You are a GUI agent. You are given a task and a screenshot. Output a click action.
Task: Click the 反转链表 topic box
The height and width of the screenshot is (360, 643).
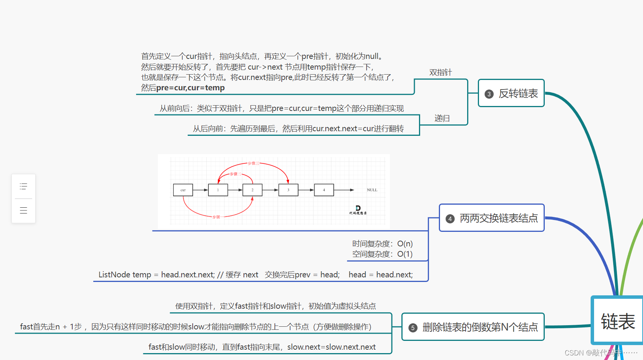(511, 93)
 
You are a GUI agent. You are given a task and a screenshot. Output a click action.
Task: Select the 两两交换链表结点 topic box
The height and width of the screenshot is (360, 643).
(492, 218)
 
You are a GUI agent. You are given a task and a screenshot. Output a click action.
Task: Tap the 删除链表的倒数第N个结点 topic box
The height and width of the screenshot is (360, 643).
(473, 327)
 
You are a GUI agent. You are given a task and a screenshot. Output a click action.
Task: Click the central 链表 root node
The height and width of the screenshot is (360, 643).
(617, 321)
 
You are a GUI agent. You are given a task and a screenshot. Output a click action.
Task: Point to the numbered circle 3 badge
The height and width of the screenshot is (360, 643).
(489, 94)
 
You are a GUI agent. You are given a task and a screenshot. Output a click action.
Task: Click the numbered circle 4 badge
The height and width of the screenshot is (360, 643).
(450, 219)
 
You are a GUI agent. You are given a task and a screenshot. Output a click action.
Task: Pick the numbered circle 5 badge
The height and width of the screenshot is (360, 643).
(412, 328)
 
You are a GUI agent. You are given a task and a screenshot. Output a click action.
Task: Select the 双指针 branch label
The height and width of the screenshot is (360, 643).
(440, 72)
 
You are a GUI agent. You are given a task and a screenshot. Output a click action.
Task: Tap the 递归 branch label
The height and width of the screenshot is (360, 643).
(442, 118)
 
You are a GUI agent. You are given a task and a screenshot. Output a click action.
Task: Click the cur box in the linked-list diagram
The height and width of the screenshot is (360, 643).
(183, 190)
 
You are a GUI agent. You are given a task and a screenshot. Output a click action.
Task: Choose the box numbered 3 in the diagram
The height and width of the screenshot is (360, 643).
(288, 190)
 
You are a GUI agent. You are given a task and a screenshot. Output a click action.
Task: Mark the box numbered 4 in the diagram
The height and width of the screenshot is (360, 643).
(324, 190)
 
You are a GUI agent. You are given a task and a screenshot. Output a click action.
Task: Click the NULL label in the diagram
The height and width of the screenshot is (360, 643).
(372, 190)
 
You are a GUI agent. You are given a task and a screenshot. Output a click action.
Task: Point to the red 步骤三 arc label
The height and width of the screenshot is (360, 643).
(253, 163)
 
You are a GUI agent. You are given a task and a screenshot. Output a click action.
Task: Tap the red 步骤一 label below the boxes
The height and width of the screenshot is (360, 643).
(216, 217)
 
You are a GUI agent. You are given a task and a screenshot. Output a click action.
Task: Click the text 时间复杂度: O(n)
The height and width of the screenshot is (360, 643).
(382, 244)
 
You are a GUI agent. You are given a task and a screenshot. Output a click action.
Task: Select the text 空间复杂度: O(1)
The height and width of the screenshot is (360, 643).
(382, 254)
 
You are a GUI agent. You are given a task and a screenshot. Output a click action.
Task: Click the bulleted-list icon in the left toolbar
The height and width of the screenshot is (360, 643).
(23, 187)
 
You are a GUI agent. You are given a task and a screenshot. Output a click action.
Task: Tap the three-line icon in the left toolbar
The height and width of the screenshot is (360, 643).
(23, 210)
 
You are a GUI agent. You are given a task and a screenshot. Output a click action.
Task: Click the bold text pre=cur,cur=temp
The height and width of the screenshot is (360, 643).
(190, 88)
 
